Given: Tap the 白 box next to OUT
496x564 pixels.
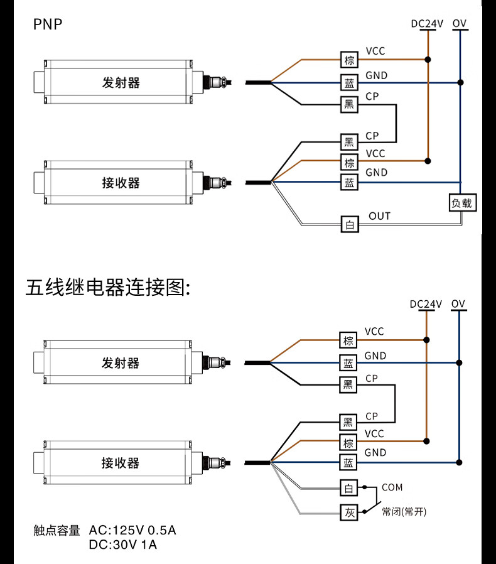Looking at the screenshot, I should (x=350, y=224).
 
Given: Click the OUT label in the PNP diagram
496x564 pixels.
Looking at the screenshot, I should (x=379, y=216).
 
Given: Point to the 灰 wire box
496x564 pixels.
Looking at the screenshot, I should (x=349, y=512).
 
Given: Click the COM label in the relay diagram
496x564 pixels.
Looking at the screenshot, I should (x=392, y=487).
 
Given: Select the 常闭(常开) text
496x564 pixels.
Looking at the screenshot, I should (x=404, y=512).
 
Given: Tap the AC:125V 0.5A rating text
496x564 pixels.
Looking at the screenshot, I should (x=133, y=531).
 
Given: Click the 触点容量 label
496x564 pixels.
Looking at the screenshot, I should (x=57, y=531).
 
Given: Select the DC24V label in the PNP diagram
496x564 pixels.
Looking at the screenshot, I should (x=427, y=24).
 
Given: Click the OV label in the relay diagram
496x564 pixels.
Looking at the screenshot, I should (x=458, y=304).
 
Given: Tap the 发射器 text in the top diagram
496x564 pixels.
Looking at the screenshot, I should (x=121, y=82).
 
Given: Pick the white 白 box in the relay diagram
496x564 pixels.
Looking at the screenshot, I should (x=349, y=488).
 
